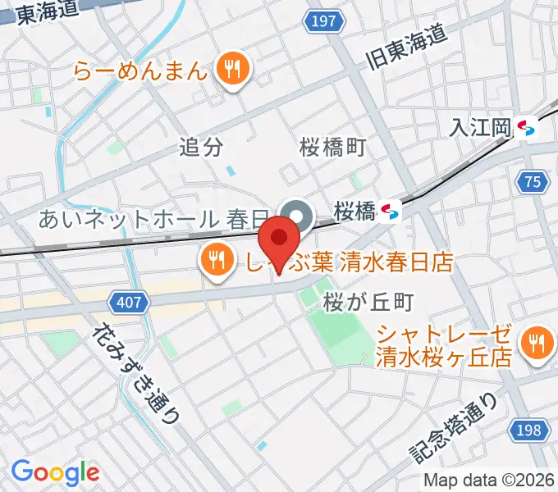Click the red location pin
click(x=281, y=239)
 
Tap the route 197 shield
click(x=324, y=21)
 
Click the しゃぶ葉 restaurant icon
click(x=215, y=261)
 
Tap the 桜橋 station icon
click(x=391, y=212)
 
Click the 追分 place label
click(x=201, y=148)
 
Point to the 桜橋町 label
click(x=332, y=148)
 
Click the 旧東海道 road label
click(x=405, y=48)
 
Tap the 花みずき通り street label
click(x=135, y=373)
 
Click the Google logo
click(x=55, y=472)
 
